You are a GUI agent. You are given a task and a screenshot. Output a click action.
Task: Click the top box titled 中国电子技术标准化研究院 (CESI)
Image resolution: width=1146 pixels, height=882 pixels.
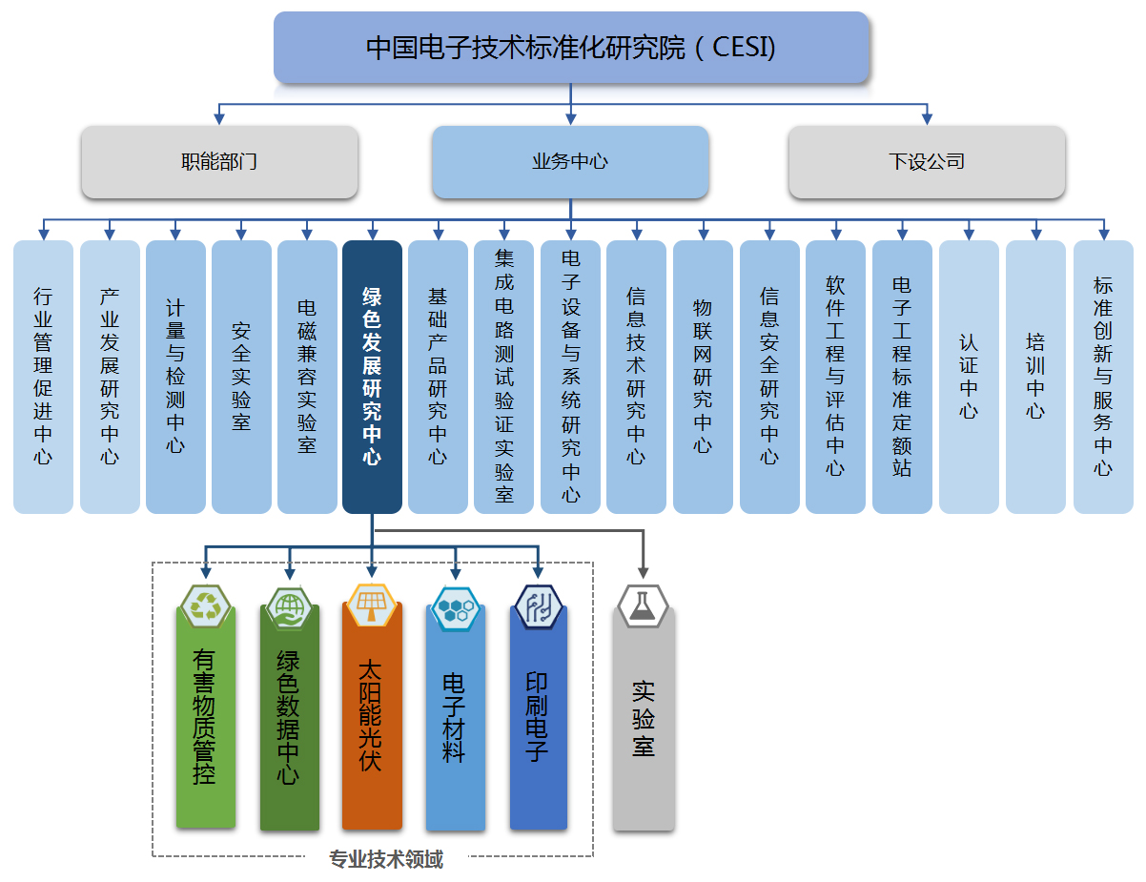pos(571,48)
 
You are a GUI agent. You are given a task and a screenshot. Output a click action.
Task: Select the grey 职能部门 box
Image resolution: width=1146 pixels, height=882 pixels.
pos(219,162)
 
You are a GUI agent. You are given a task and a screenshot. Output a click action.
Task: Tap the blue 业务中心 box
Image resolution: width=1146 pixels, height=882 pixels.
pos(570,162)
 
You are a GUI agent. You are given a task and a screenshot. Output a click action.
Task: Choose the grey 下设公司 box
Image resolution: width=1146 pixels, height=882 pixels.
pos(927,162)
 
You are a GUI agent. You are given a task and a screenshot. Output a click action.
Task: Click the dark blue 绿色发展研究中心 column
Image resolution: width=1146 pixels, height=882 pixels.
pos(372,377)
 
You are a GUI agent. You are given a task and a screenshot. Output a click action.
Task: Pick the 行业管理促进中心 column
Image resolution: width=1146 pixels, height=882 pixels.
pos(43,377)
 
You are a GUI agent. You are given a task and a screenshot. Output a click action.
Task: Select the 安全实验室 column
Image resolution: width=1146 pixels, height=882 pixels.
pos(241,377)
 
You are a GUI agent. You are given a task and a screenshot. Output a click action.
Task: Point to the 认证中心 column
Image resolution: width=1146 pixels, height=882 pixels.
pos(969,377)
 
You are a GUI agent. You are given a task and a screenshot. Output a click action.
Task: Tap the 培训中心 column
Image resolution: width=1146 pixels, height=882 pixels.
pos(1035,377)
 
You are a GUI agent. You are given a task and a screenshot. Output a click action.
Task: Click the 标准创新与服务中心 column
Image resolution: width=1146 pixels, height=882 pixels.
pos(1103,377)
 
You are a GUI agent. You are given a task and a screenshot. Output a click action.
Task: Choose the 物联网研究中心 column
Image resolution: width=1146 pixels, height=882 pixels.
pos(703,377)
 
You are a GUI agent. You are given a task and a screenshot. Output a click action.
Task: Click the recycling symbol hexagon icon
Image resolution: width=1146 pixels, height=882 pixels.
pos(205,606)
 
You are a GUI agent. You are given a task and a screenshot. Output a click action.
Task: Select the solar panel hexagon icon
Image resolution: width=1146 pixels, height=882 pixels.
pos(372,605)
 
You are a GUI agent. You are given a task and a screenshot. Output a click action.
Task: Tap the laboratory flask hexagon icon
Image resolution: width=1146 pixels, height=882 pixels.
pos(643,606)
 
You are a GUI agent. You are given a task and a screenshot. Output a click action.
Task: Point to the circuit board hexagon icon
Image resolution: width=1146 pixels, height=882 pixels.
pos(538,606)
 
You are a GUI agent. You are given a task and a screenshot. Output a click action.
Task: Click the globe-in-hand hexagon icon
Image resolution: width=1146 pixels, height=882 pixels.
pos(289,607)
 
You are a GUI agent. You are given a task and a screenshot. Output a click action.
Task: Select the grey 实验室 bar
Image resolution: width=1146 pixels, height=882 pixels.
pos(644,720)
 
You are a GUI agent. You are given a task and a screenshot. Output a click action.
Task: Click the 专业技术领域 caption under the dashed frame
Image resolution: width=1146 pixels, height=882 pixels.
pos(386,859)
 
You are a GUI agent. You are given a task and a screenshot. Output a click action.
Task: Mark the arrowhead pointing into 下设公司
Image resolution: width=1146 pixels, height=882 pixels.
pos(927,118)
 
